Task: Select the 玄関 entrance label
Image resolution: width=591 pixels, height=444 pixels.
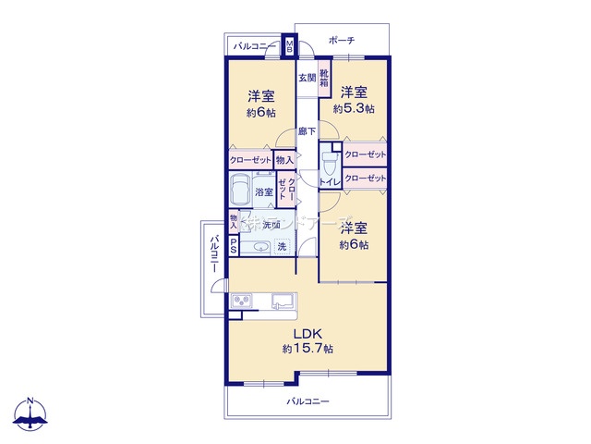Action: click(307, 79)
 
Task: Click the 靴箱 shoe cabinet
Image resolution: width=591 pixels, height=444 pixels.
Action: click(324, 79)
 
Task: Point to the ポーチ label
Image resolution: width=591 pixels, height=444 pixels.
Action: click(342, 40)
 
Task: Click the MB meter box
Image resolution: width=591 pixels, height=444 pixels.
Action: click(290, 45)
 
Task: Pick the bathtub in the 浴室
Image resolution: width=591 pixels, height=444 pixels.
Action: click(241, 191)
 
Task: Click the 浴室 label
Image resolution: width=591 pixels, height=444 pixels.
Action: click(264, 192)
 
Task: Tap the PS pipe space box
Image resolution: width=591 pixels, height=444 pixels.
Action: click(233, 246)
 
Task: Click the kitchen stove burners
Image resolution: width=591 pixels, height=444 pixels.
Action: click(243, 300)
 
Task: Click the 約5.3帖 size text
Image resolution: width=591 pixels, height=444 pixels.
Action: click(354, 109)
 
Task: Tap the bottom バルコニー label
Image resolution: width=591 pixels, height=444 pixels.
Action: click(307, 401)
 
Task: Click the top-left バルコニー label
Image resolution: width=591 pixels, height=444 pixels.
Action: click(251, 44)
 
